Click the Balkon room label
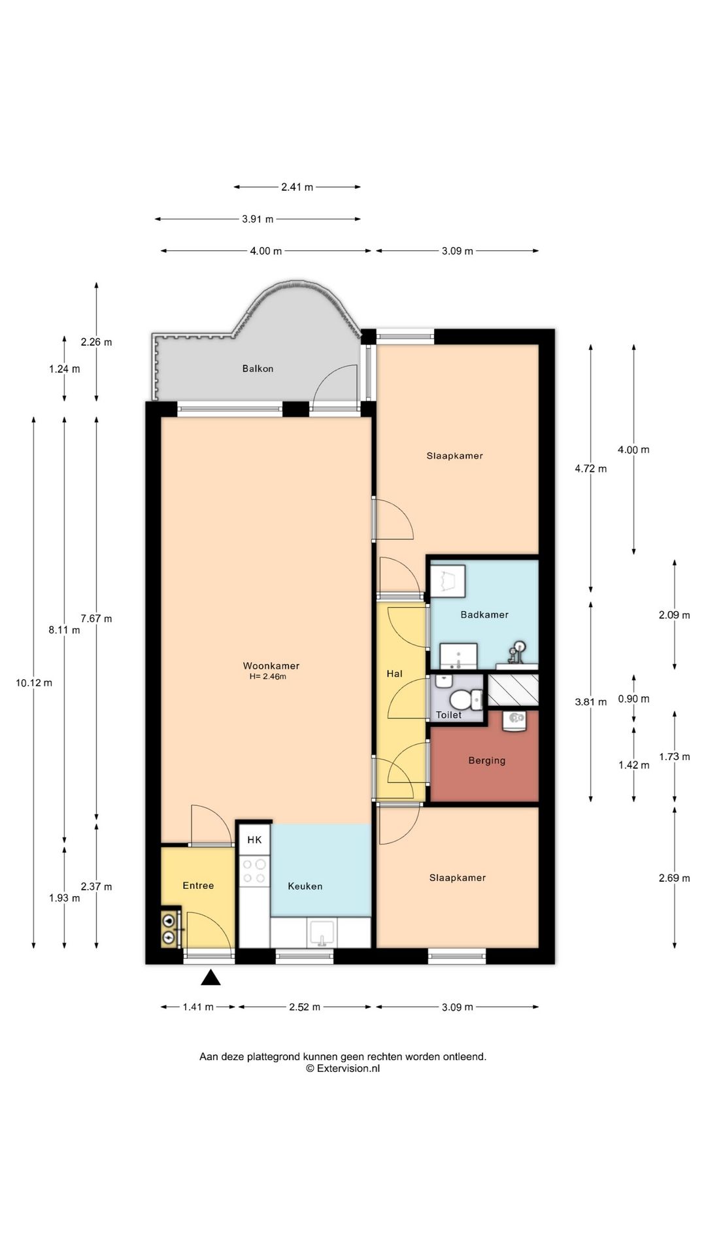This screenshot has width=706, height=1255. (x=258, y=369)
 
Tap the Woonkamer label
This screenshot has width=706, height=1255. (x=271, y=665)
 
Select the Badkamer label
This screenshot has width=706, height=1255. (x=484, y=614)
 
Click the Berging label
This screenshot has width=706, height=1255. (x=487, y=761)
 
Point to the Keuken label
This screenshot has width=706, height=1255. (x=305, y=886)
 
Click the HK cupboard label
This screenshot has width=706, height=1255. (x=254, y=840)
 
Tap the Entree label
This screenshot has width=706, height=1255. (x=198, y=886)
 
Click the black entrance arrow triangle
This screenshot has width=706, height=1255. (x=210, y=978)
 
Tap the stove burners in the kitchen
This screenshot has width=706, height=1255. (x=254, y=871)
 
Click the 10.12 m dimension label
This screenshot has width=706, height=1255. (x=34, y=683)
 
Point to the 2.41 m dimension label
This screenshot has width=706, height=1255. (x=297, y=187)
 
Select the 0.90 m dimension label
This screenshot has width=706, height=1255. (x=634, y=699)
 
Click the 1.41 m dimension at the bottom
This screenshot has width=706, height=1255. (x=198, y=1007)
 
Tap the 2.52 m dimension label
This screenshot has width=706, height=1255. (x=305, y=1007)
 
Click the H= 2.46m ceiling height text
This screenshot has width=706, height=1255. (x=267, y=677)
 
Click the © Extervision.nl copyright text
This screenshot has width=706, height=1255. (x=343, y=1069)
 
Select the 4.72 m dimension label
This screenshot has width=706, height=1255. (x=591, y=469)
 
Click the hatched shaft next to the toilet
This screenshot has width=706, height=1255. (x=513, y=690)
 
